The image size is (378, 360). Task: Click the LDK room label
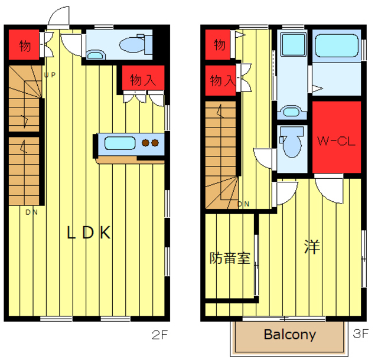[89, 233]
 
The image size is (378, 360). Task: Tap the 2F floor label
[159, 335]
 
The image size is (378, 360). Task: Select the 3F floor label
[361, 333]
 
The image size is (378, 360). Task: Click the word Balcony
[290, 335]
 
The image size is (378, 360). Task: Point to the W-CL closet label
[336, 141]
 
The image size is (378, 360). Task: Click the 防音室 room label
[230, 258]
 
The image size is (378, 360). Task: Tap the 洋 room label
[312, 247]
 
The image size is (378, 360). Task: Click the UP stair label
[50, 75]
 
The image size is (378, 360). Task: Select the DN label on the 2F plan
[31, 212]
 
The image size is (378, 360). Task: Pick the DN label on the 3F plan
[243, 204]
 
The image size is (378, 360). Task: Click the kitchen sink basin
[120, 143]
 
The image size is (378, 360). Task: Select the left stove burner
[146, 143]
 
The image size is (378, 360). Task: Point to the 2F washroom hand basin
[95, 55]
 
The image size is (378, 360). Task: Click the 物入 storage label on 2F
[143, 80]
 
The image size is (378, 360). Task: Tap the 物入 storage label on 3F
[222, 80]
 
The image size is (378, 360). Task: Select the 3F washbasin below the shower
[291, 112]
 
